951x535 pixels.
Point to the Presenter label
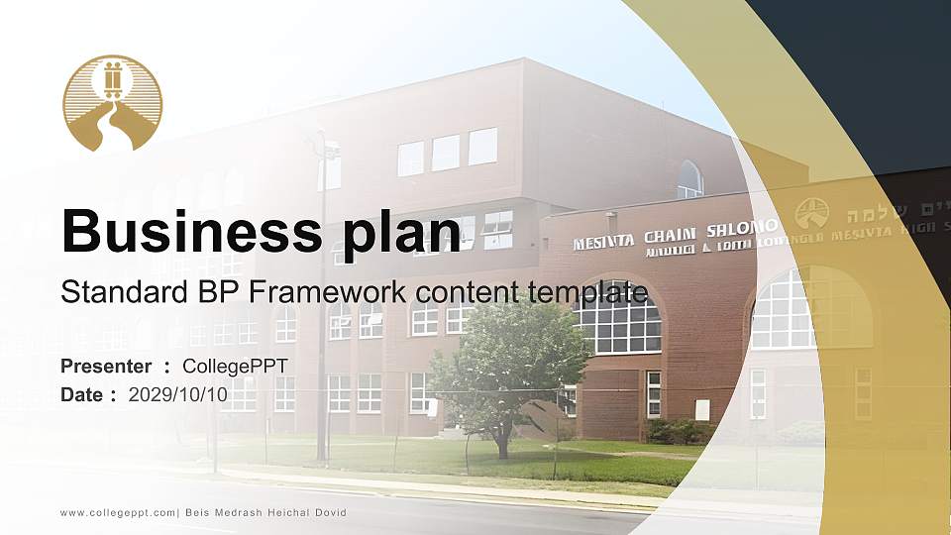tap(106, 367)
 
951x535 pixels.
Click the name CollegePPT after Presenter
tap(235, 367)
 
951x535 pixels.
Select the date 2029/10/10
tap(178, 395)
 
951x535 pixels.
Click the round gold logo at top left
tap(112, 103)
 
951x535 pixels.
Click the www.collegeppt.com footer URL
tap(117, 512)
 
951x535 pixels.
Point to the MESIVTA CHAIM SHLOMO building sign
tap(674, 234)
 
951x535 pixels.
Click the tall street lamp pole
tap(322, 297)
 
